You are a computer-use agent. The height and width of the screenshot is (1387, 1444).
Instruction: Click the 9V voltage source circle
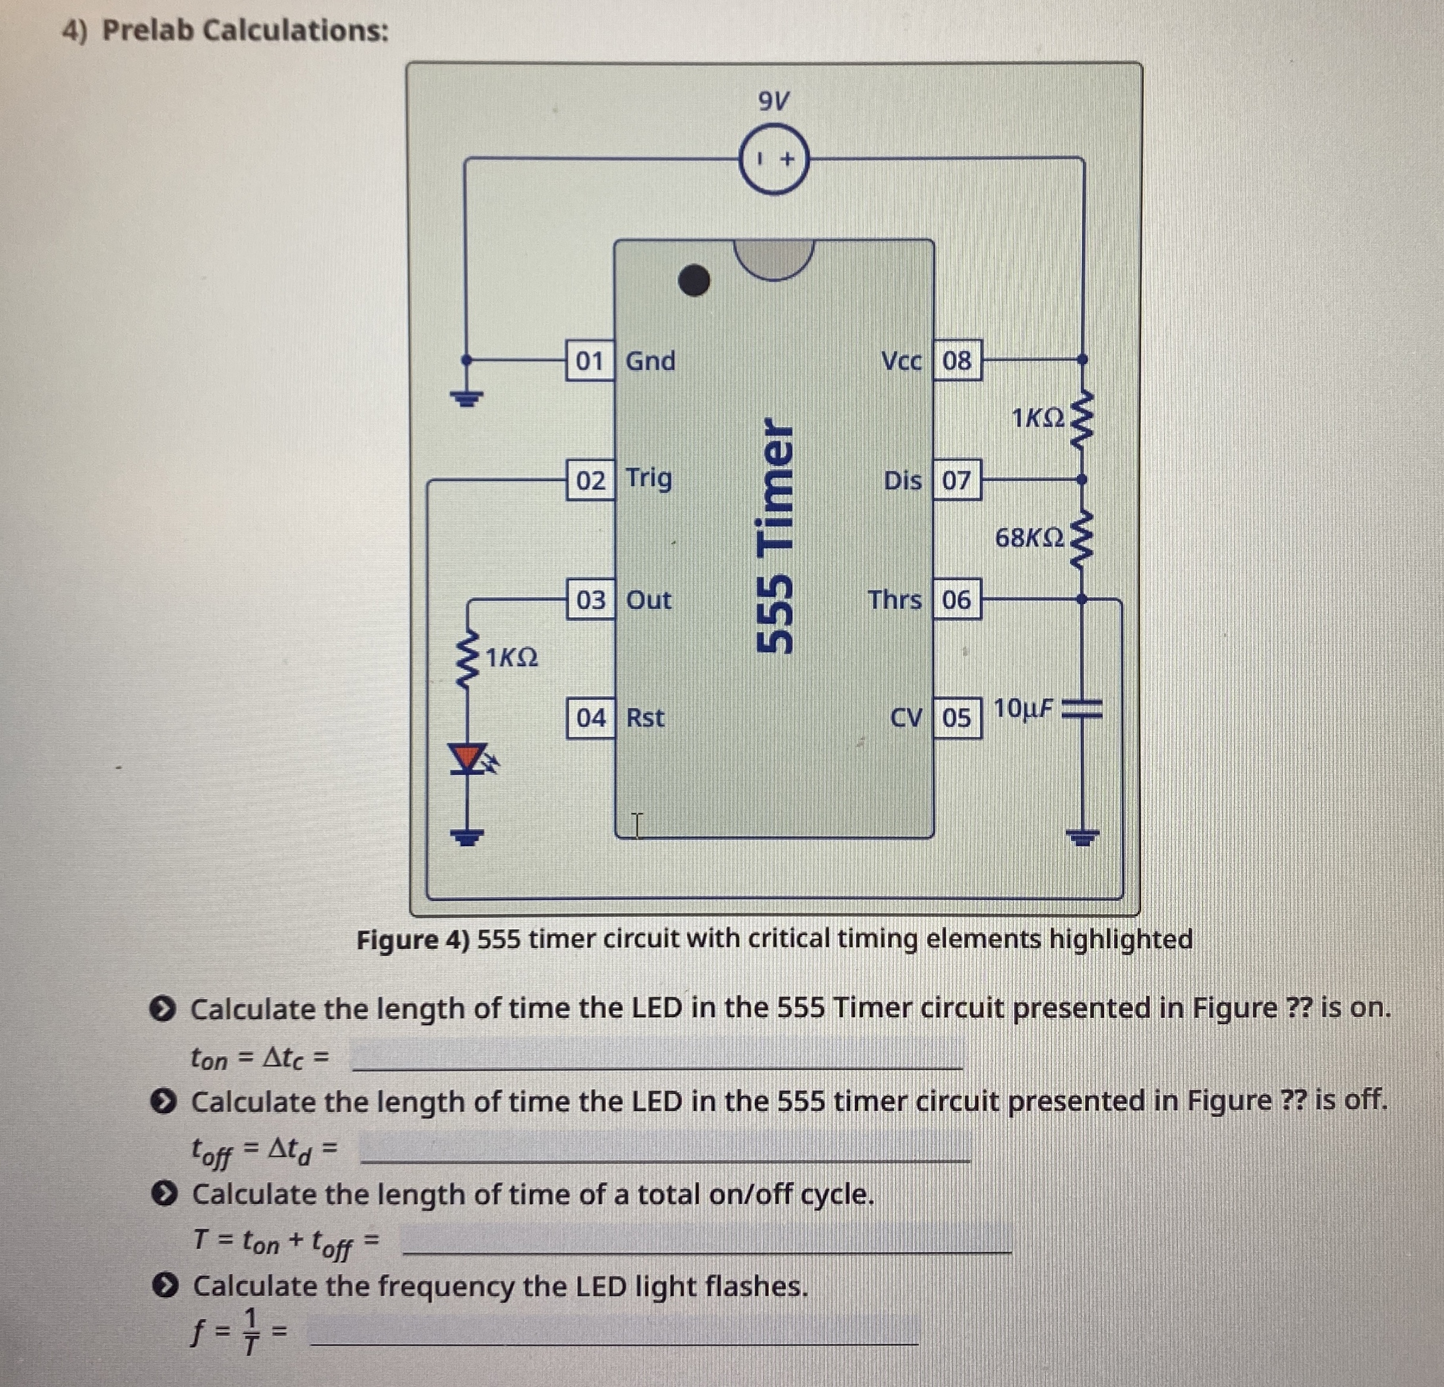[x=774, y=160]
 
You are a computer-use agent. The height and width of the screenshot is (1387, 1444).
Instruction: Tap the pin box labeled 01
[x=589, y=361]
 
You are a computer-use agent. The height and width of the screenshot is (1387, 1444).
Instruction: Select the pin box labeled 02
[x=590, y=480]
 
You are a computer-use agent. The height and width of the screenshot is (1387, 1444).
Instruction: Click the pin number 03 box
[x=590, y=600]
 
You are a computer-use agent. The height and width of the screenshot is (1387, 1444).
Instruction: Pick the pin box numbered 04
[x=591, y=718]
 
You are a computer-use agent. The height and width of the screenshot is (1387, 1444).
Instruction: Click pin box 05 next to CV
[x=956, y=718]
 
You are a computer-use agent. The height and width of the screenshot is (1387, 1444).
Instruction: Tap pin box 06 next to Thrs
[x=956, y=600]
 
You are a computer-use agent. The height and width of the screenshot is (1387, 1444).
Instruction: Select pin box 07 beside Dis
[x=956, y=480]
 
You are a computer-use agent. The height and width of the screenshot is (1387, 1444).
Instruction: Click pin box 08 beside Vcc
[x=956, y=361]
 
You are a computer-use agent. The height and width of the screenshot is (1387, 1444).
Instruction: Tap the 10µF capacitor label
[x=1024, y=709]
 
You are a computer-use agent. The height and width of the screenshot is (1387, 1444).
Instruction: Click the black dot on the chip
[x=693, y=280]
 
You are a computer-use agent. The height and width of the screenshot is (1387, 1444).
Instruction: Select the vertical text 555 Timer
[x=775, y=536]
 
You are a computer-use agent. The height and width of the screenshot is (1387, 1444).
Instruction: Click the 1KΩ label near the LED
[x=512, y=657]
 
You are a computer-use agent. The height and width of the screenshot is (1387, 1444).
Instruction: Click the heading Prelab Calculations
[x=244, y=30]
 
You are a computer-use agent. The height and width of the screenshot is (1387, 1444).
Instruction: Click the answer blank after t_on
[x=657, y=1055]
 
